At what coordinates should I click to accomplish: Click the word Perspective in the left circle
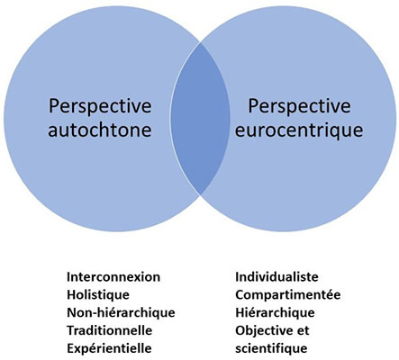[100, 107]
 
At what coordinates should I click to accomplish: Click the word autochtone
[99, 130]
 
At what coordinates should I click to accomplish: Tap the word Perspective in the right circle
[299, 107]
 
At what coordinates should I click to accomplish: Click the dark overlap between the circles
[200, 119]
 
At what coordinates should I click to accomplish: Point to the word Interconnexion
[113, 276]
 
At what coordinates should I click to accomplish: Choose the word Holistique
[98, 295]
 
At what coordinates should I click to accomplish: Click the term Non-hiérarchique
[121, 313]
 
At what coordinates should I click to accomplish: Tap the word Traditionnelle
[110, 330]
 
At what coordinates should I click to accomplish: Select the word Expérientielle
[109, 349]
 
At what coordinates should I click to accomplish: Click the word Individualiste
[277, 276]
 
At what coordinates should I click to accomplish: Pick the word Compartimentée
[288, 295]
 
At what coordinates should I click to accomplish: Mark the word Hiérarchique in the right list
[275, 313]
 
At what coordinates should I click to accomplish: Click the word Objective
[263, 331]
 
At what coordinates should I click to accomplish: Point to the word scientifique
[271, 349]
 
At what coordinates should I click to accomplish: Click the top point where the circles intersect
[200, 43]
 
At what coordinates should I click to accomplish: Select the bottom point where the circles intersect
[200, 194]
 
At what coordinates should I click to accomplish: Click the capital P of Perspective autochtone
[54, 107]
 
